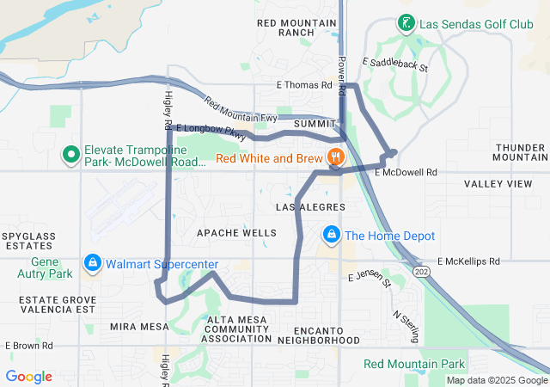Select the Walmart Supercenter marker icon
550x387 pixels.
coord(92,261)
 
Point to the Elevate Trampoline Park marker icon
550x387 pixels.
coord(71,156)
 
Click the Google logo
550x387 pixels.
coord(29,376)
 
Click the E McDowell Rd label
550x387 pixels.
coord(406,172)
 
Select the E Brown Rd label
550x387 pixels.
coord(29,346)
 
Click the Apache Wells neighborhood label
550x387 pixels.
coord(236,233)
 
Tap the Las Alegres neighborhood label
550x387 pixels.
coord(310,207)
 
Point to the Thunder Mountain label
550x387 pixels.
coord(520,151)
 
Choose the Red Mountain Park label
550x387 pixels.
coord(413,364)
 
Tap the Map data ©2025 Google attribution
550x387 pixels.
coord(497,380)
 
